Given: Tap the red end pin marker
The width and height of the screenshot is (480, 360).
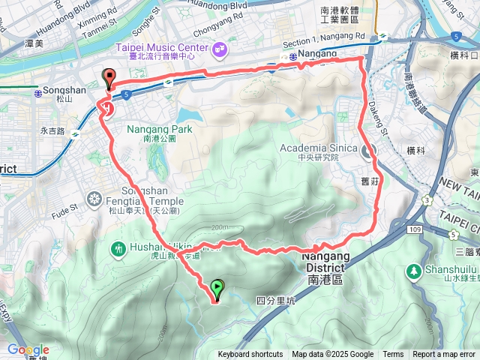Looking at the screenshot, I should point(109,78).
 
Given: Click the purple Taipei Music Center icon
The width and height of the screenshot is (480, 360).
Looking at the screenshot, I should point(220,50).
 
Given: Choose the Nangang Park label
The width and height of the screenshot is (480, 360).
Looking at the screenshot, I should point(160,129).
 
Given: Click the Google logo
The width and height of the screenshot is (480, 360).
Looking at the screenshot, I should point(28,350).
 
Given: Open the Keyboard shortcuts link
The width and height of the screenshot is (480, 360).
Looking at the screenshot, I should point(250,355).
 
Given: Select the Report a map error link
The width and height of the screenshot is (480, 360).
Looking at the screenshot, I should point(444,355).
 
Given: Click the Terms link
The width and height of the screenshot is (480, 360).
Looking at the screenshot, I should point(393,355).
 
